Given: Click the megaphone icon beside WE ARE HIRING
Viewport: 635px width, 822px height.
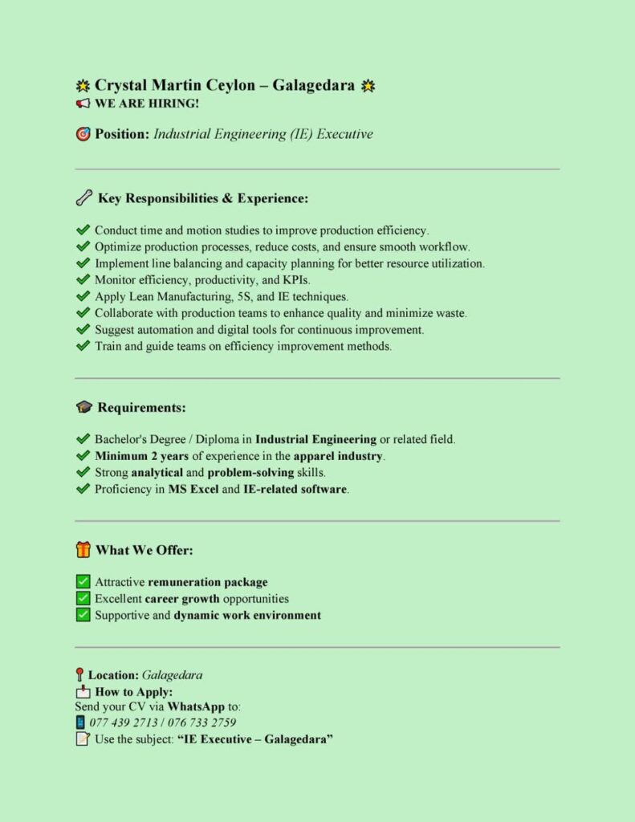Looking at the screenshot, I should (83, 104).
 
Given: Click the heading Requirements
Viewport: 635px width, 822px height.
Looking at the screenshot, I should (141, 408).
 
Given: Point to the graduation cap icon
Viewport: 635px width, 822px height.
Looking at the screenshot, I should (83, 408).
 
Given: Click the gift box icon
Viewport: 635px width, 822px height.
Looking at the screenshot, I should (83, 550).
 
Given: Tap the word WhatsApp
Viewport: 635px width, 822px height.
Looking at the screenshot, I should (196, 706).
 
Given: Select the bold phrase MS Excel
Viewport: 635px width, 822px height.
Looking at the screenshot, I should (193, 489).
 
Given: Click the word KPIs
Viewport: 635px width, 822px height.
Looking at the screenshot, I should (292, 280).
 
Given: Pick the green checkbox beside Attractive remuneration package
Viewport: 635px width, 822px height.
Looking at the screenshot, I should (83, 582).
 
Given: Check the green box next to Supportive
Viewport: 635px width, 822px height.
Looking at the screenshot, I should (83, 615).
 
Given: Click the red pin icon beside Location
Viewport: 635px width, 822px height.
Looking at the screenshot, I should (79, 675).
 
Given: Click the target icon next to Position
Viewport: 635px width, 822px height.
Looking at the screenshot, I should (83, 134).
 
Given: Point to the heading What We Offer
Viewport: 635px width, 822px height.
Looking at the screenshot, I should (145, 550).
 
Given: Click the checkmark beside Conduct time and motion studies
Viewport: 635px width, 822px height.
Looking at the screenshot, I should (83, 230).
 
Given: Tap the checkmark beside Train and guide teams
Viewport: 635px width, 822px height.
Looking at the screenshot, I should (83, 347).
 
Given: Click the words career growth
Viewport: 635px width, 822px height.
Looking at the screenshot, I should (182, 599).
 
